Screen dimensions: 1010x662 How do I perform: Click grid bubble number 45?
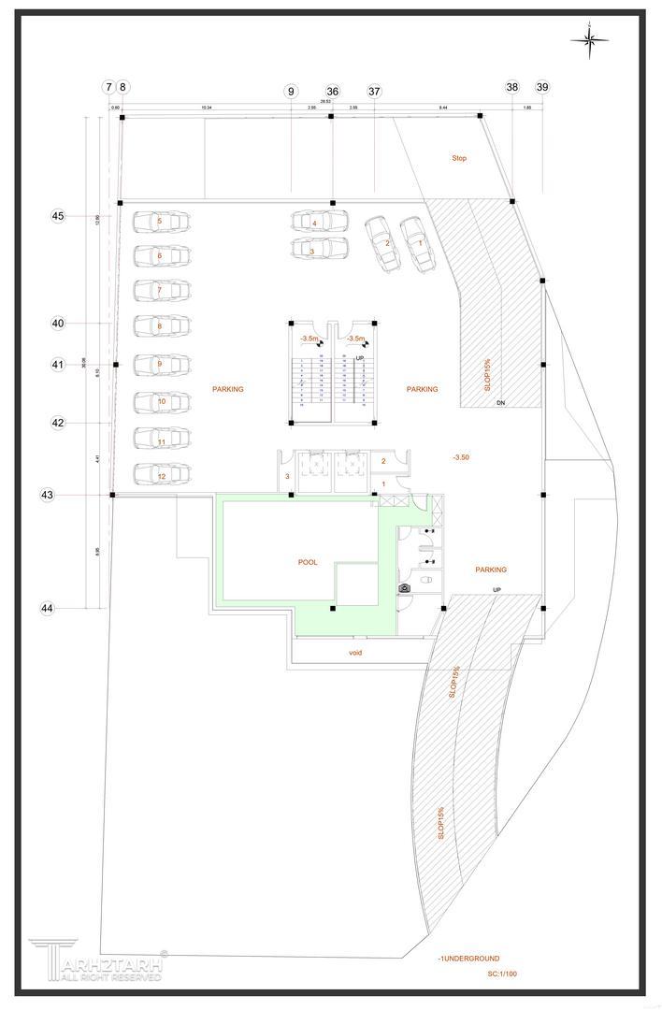point(58,216)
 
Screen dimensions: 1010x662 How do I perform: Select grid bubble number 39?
point(542,87)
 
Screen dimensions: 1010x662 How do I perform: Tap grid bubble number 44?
point(47,608)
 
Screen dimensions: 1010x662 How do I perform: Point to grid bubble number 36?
point(333,92)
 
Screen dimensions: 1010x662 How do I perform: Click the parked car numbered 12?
point(162,475)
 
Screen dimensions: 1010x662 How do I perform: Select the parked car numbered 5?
point(161,222)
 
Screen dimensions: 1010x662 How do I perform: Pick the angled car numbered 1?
point(417,243)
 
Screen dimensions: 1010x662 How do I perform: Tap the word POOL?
point(308,562)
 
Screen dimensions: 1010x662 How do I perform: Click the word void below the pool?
point(355,652)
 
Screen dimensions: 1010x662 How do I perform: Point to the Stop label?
point(458,158)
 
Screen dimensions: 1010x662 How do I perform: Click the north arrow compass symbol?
point(590,38)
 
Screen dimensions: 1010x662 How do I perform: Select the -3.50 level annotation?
point(460,457)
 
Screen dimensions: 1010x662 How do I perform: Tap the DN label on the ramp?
point(500,402)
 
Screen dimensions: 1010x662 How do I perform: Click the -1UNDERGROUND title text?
point(468,959)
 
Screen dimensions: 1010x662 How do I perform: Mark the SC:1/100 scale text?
point(501,974)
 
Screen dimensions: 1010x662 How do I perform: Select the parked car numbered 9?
point(161,364)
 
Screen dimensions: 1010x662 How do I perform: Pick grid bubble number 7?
point(108,87)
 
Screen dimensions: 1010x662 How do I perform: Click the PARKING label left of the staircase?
point(227,389)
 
